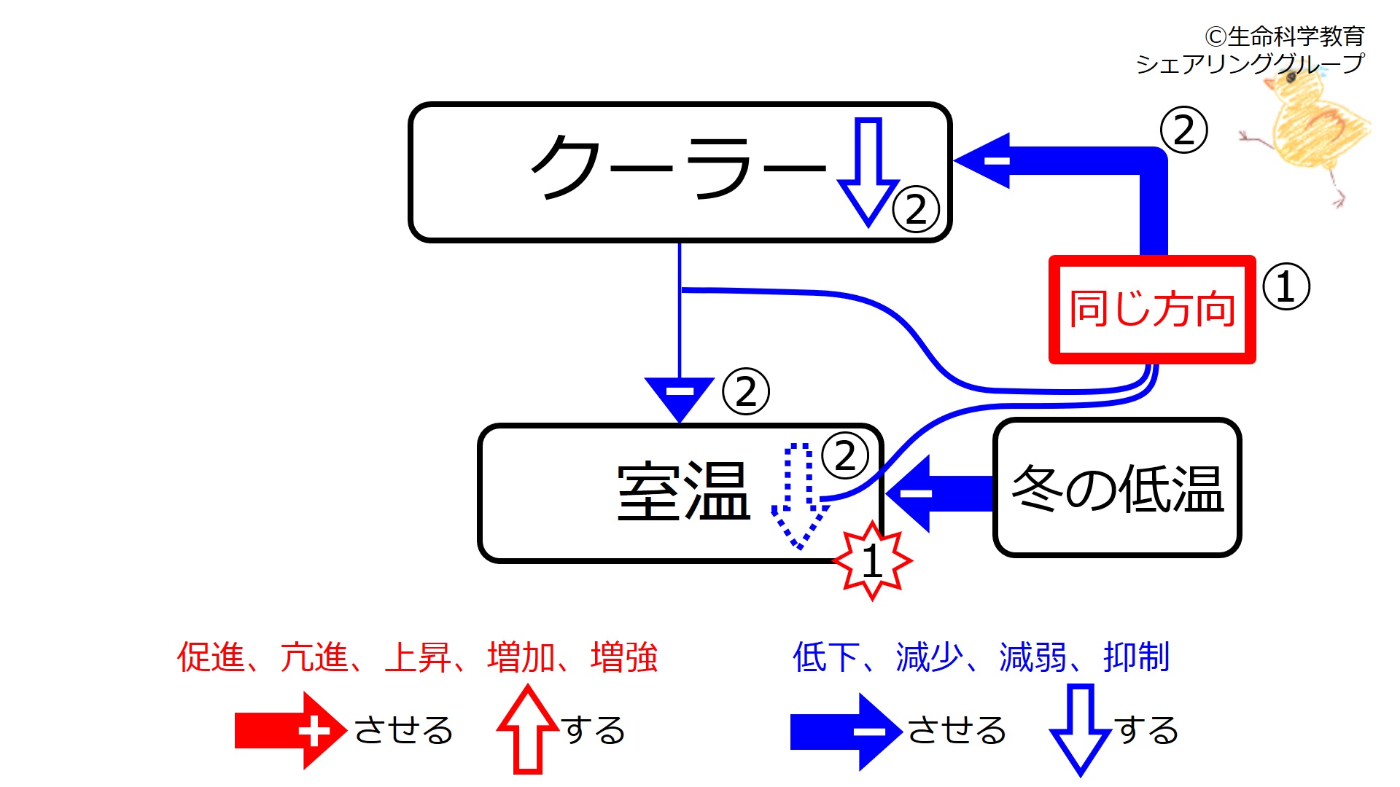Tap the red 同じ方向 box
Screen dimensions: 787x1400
(1152, 309)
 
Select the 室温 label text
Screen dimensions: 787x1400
(683, 492)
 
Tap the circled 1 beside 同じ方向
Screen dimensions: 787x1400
(1286, 286)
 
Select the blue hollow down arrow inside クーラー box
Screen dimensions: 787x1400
(868, 172)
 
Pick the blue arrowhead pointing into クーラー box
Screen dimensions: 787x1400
(984, 160)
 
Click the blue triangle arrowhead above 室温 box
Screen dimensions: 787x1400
(680, 396)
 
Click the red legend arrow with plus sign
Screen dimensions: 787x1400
(290, 731)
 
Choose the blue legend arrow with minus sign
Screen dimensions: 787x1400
(846, 731)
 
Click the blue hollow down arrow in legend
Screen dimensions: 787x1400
(1080, 729)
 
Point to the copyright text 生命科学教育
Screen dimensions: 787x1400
(1295, 36)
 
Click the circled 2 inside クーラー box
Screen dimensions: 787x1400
(916, 210)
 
